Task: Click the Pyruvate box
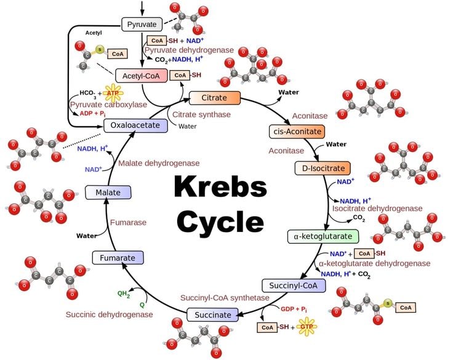pos(142,24)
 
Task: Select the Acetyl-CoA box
pos(142,76)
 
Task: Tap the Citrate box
pos(214,98)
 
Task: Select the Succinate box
pos(213,315)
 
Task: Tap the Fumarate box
pos(117,257)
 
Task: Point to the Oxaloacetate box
pos(135,126)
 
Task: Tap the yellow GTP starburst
pos(308,327)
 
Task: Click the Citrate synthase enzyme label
pos(201,114)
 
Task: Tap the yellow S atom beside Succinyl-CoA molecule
pos(388,303)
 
